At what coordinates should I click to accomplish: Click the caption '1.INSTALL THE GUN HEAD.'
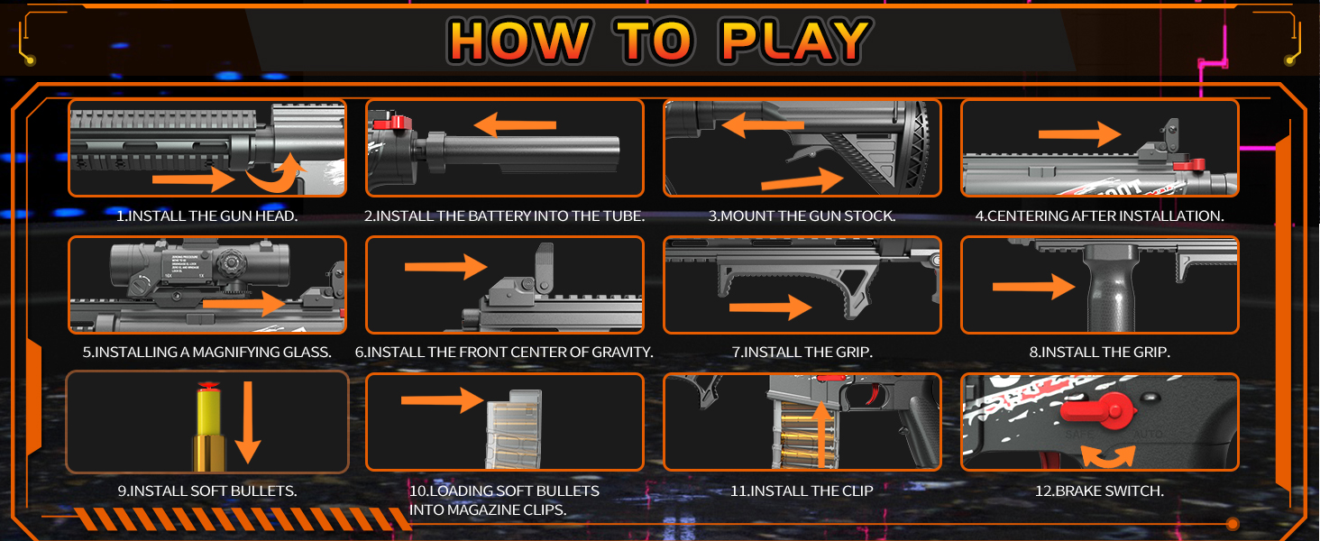click(x=207, y=216)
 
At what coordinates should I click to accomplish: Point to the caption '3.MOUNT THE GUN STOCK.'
click(x=802, y=216)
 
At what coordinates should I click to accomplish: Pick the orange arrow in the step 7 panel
click(x=770, y=308)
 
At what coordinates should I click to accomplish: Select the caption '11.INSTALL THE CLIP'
click(x=802, y=491)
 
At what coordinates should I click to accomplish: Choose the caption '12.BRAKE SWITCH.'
click(x=1099, y=491)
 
